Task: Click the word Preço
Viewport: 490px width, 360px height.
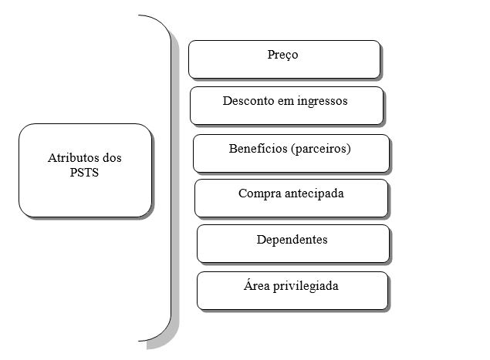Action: (283, 55)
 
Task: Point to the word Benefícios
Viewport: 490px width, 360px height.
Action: (257, 147)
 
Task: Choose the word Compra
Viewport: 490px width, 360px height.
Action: (260, 193)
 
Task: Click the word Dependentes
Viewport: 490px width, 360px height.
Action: (292, 239)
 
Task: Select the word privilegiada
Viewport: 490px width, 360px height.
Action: (309, 286)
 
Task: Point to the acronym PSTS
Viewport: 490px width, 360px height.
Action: (84, 173)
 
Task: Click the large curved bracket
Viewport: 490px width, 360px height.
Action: (168, 177)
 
